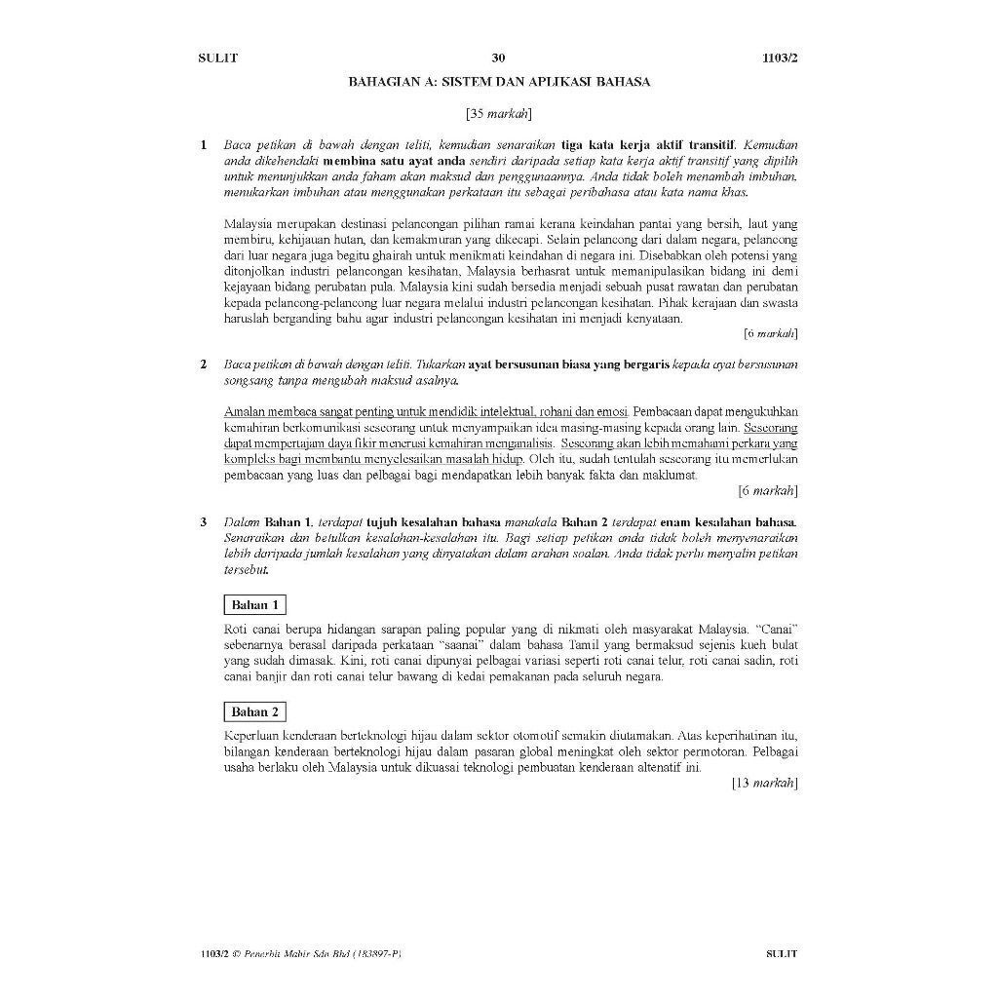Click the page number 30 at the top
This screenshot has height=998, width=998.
click(x=498, y=58)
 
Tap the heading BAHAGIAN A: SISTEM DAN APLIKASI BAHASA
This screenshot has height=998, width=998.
click(x=499, y=82)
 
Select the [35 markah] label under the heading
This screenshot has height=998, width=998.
click(x=498, y=114)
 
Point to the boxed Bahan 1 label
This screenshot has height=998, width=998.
click(x=255, y=605)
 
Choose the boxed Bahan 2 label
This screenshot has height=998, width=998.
click(x=255, y=711)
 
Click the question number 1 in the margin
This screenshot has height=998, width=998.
click(x=204, y=145)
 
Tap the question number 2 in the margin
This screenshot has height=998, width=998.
click(x=204, y=365)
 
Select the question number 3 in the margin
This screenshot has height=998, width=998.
click(x=204, y=522)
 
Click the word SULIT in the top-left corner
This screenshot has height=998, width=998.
click(x=218, y=58)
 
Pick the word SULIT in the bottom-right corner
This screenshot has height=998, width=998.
click(x=781, y=954)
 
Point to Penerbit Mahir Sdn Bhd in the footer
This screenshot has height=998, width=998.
click(x=291, y=954)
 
